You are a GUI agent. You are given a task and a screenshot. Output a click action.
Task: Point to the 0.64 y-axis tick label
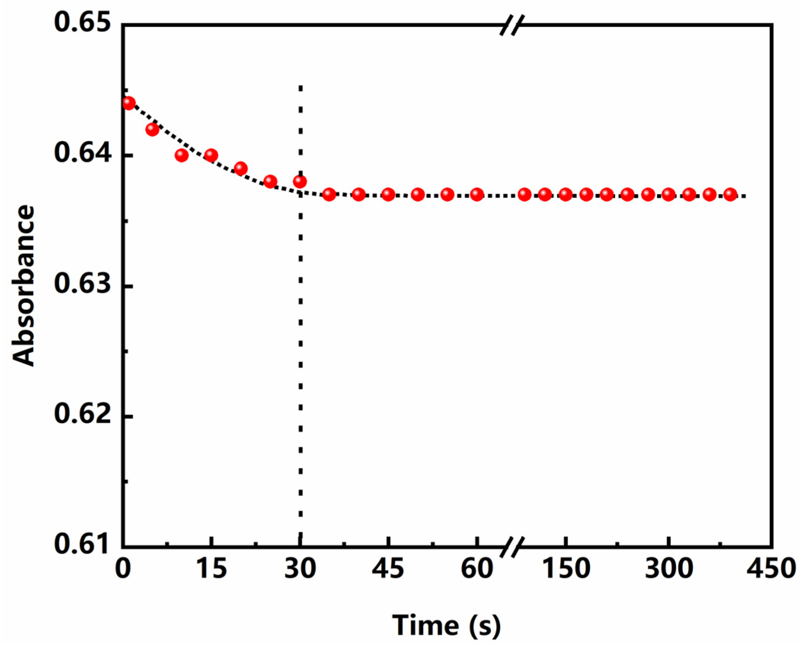click(82, 154)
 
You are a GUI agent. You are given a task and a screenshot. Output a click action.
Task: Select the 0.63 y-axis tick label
click(82, 285)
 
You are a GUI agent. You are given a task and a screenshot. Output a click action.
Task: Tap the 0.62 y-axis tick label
click(82, 415)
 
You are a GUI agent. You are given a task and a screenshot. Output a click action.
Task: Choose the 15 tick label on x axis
click(211, 569)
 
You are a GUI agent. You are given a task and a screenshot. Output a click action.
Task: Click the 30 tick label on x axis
click(300, 569)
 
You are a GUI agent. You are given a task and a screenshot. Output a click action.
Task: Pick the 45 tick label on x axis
click(387, 569)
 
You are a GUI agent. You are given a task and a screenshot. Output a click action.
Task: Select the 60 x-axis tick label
click(477, 569)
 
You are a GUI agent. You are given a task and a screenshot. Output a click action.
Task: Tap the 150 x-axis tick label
click(566, 569)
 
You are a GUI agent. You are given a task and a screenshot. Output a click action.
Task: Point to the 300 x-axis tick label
click(668, 569)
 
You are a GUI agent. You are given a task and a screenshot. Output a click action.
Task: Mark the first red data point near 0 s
click(129, 103)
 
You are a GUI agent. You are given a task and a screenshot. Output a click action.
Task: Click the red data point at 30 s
click(300, 181)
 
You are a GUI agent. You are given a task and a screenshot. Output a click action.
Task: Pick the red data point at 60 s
click(477, 194)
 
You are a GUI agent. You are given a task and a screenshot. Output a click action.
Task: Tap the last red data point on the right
click(730, 194)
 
